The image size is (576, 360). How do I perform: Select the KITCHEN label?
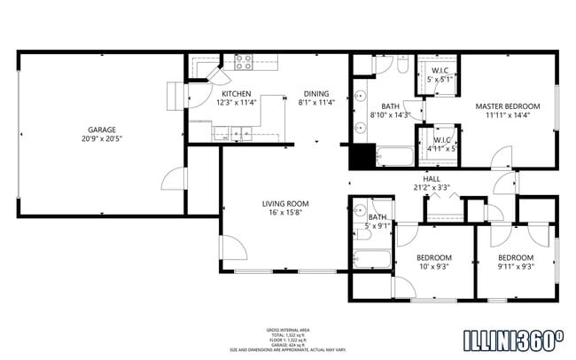click(x=236, y=93)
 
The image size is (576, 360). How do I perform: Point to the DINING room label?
click(x=315, y=93)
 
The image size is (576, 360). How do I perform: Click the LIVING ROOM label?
click(x=284, y=203)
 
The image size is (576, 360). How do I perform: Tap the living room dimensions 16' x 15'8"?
click(x=284, y=213)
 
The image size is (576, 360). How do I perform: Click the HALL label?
click(x=432, y=178)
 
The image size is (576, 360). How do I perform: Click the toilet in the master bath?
click(x=401, y=66)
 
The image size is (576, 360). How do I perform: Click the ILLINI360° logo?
click(x=514, y=339)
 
